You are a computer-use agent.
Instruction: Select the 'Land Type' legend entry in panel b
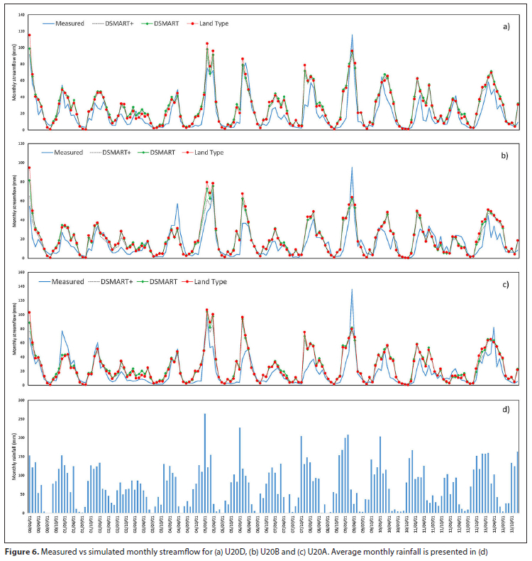tap(211, 152)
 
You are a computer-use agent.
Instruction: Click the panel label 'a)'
tap(506, 26)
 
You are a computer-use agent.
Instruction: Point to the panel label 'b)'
tap(506, 156)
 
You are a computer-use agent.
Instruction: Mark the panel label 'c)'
tap(506, 284)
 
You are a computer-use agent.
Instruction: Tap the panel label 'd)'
tap(506, 413)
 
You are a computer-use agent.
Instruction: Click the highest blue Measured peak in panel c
tap(352, 289)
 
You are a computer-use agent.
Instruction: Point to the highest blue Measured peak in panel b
tap(352, 168)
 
